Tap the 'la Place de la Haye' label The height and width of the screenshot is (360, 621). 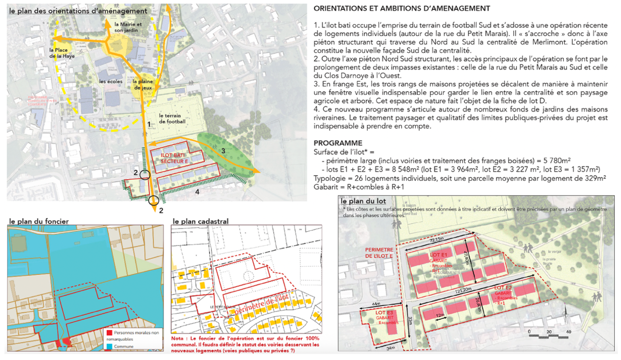click(x=60, y=53)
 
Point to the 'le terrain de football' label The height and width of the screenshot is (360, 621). click(x=172, y=119)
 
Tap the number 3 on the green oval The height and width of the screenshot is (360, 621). click(x=223, y=151)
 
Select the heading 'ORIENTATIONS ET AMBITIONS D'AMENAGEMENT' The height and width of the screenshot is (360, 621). click(x=402, y=8)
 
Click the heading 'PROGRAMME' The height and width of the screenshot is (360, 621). click(x=338, y=143)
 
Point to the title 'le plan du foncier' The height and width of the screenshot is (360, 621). click(x=39, y=221)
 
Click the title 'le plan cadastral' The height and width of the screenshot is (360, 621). click(x=200, y=221)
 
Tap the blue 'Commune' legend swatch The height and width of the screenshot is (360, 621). click(x=109, y=347)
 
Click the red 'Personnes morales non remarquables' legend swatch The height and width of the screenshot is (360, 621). click(x=109, y=333)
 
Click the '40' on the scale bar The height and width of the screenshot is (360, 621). click(x=568, y=332)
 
